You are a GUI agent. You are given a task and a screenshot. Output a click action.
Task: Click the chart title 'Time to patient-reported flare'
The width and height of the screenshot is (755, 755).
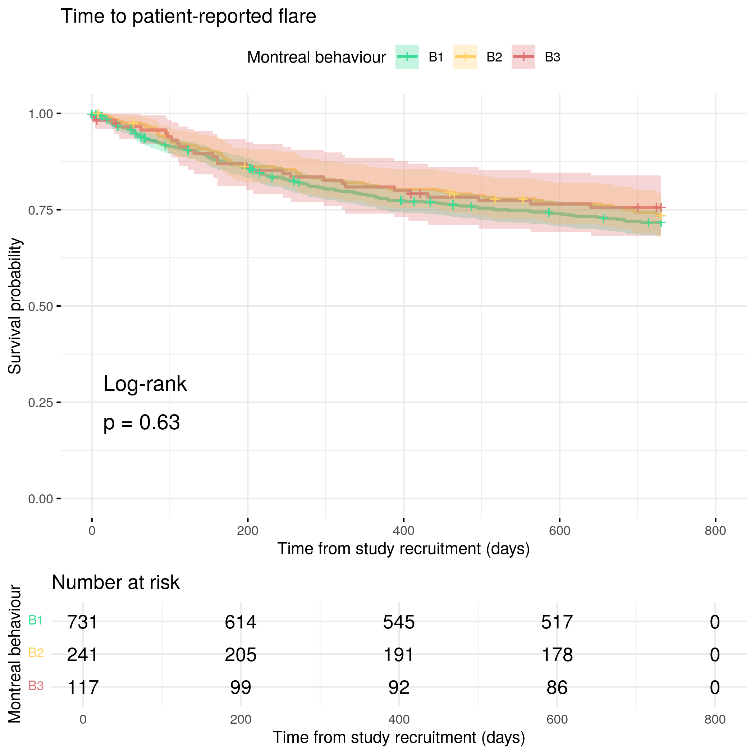coord(188,17)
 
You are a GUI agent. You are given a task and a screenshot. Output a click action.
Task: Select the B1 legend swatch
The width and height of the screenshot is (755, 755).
coord(407,57)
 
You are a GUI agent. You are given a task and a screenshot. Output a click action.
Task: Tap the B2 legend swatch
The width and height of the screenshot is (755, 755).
coord(465,57)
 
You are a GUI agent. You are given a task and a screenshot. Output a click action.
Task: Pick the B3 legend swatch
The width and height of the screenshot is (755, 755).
coord(523,57)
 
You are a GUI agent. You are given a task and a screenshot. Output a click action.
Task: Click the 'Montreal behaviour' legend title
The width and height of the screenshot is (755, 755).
coord(316,58)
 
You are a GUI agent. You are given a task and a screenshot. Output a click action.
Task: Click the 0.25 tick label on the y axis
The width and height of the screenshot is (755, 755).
coord(41,403)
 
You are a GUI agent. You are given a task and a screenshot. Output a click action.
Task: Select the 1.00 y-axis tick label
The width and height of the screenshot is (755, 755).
coord(41,114)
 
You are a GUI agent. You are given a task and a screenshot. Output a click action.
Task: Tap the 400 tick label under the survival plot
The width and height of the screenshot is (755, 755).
coord(404,531)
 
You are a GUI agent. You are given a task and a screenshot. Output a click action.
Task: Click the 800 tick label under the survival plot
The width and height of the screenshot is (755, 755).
coord(715,531)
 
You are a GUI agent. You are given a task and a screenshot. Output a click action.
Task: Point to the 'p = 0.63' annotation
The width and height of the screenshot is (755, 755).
coord(141,422)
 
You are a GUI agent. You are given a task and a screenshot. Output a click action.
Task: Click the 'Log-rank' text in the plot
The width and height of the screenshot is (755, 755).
coord(145,384)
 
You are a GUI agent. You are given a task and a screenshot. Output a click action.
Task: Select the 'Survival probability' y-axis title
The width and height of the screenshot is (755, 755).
coord(15,306)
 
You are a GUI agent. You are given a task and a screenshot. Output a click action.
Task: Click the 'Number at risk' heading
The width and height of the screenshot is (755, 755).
coord(115,582)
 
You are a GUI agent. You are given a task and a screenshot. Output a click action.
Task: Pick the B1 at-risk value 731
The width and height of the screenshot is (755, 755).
coord(82,622)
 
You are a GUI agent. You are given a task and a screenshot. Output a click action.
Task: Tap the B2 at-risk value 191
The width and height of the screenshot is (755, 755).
coord(399,655)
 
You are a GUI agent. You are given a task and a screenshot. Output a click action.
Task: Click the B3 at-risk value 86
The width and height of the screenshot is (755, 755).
coord(557,687)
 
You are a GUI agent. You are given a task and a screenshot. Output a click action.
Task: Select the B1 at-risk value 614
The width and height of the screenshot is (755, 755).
coord(240,622)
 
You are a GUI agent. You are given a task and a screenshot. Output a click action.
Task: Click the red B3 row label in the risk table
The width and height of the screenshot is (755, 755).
coord(36,686)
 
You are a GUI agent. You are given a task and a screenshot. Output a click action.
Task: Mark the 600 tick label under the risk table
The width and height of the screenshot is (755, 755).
coord(557,719)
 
